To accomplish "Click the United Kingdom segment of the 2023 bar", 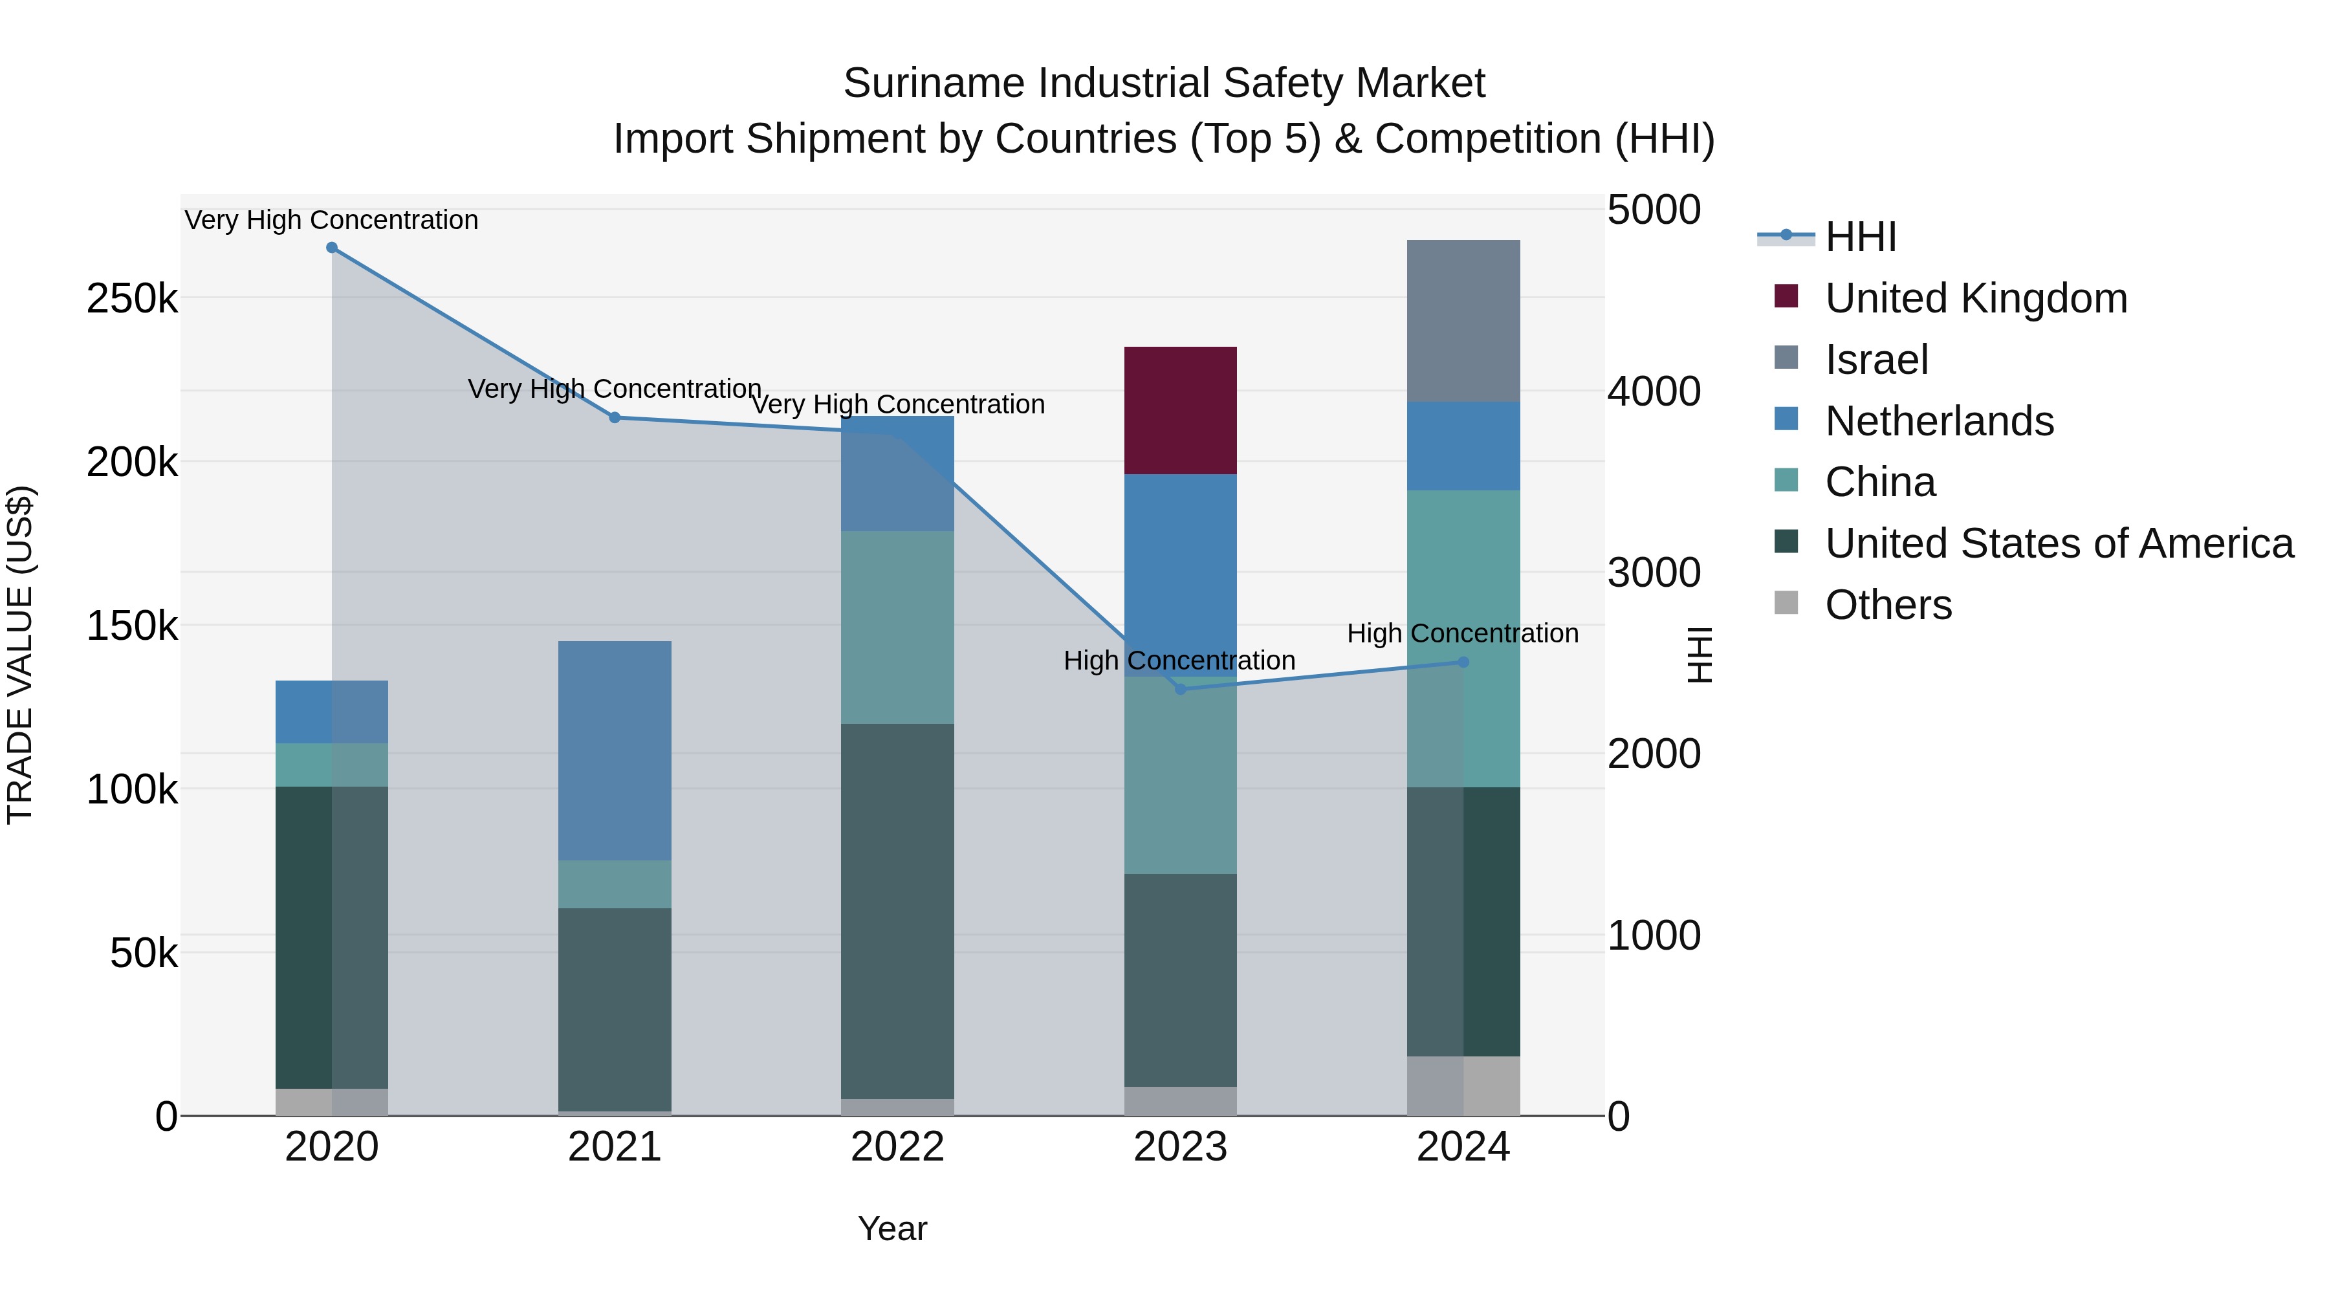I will (x=1180, y=409).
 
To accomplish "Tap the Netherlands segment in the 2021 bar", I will (x=615, y=750).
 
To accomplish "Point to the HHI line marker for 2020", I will (x=332, y=248).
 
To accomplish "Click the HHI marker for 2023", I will (x=1180, y=689).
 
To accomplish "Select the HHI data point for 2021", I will (x=615, y=418).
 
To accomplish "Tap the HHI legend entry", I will (x=1861, y=237).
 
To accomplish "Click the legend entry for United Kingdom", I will (x=1976, y=298).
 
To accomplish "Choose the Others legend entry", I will (x=1888, y=605).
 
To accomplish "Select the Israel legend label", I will (x=1876, y=360).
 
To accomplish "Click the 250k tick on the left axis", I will (x=132, y=298).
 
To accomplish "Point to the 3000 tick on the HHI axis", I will (x=1654, y=573).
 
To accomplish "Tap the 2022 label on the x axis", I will (x=897, y=1147).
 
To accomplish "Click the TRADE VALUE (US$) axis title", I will (x=20, y=655).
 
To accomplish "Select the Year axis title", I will (x=892, y=1228).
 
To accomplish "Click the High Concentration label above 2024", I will (x=1462, y=634).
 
